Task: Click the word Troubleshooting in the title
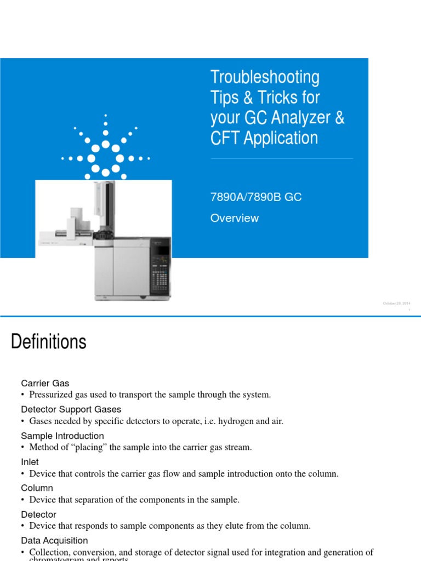tap(265, 77)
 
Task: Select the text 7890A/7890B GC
tap(256, 197)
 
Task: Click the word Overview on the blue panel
tap(235, 218)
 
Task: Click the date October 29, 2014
tap(396, 304)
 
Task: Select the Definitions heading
tap(49, 342)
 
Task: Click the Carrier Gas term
tap(45, 383)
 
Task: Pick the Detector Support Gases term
tap(71, 409)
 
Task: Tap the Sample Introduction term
tap(62, 436)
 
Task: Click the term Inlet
tap(30, 462)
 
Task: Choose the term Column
tap(37, 488)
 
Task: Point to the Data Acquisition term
tap(54, 541)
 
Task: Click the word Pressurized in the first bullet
tap(50, 394)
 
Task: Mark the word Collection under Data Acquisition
tap(49, 552)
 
